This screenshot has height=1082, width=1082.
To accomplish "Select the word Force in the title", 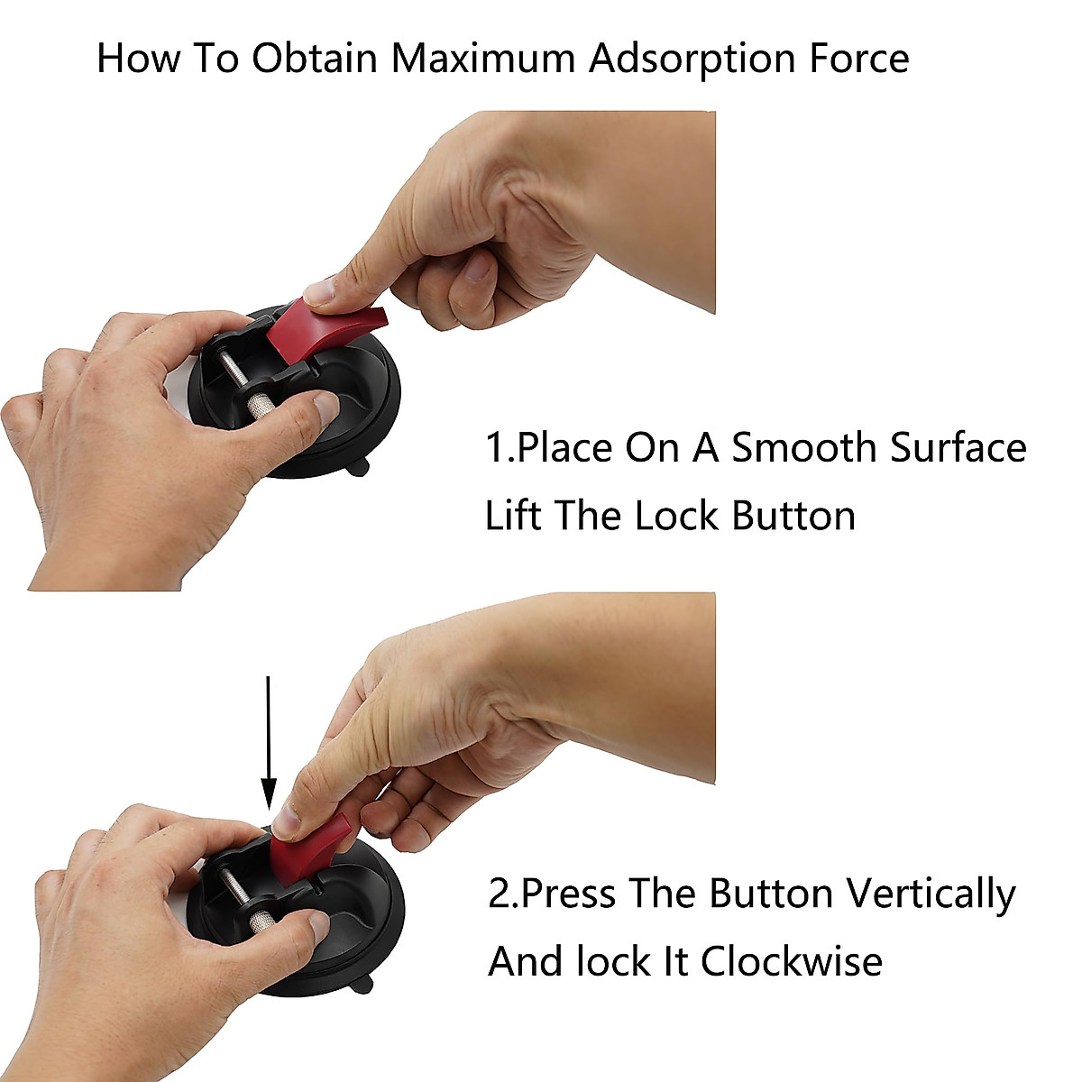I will click(854, 60).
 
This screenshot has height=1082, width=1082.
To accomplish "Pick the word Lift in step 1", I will click(514, 517).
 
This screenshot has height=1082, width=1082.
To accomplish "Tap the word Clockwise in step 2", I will click(792, 961).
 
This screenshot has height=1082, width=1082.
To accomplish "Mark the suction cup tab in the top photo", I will click(362, 468).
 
